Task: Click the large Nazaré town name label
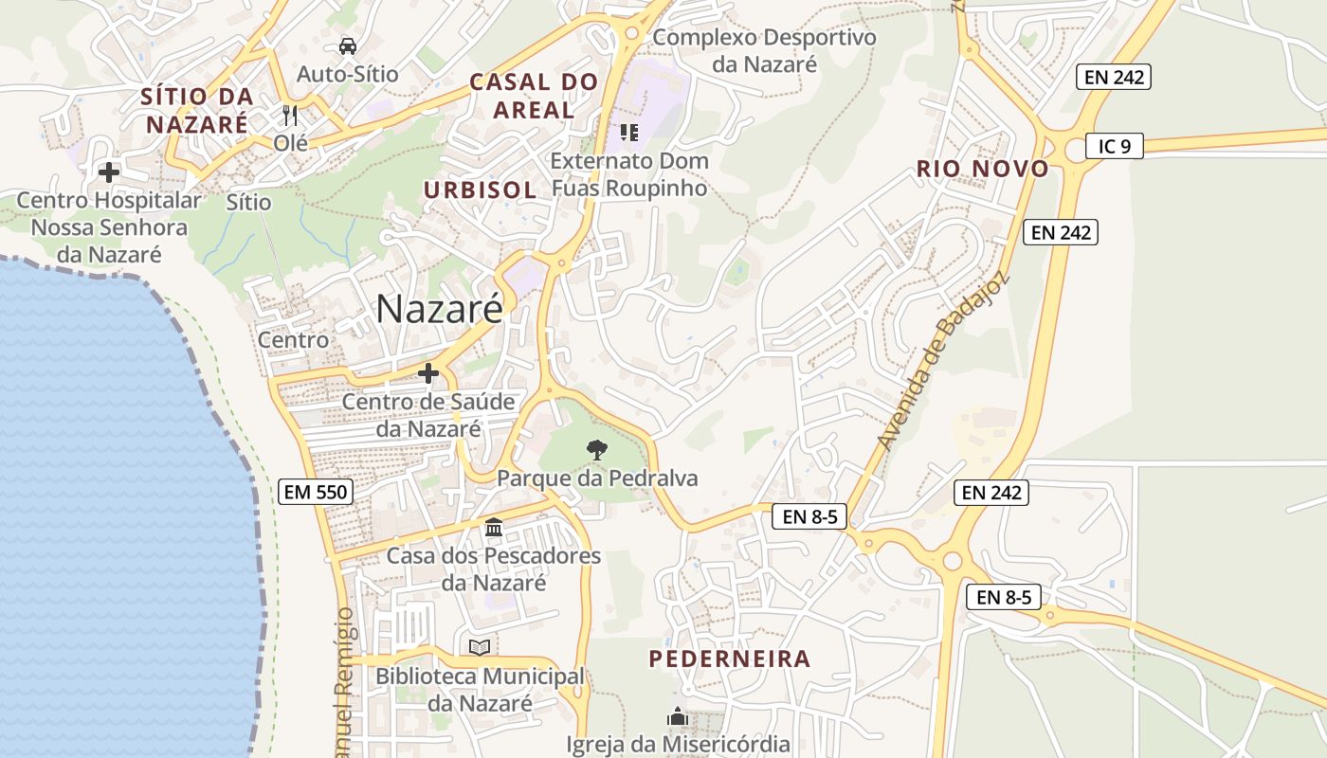(439, 309)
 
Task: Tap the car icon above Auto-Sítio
(348, 45)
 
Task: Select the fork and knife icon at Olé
(290, 116)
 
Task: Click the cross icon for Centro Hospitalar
(109, 172)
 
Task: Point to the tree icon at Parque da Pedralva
(596, 450)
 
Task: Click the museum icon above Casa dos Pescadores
(493, 527)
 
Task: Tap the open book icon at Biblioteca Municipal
(480, 647)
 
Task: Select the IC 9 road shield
(1115, 146)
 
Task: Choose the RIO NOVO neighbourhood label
(982, 170)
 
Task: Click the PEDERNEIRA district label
(730, 659)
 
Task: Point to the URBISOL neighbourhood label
(480, 189)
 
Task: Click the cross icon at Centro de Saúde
(428, 373)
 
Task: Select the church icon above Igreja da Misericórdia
(677, 715)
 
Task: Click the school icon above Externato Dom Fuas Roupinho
(628, 133)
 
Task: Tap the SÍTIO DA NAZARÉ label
(197, 110)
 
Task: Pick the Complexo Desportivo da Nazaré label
(764, 51)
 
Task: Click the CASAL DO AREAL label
(535, 96)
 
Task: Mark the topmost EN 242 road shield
(1114, 77)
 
